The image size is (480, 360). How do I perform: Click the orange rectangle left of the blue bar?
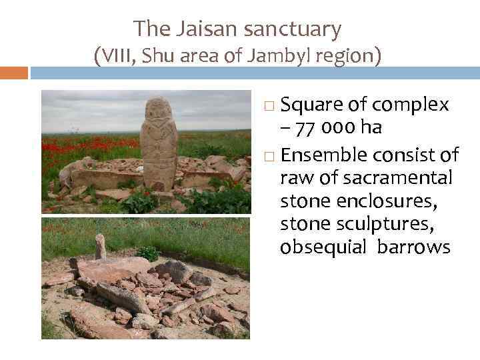[13, 73]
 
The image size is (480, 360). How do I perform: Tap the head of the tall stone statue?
[158, 109]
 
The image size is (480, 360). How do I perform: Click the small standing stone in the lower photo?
[100, 246]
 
